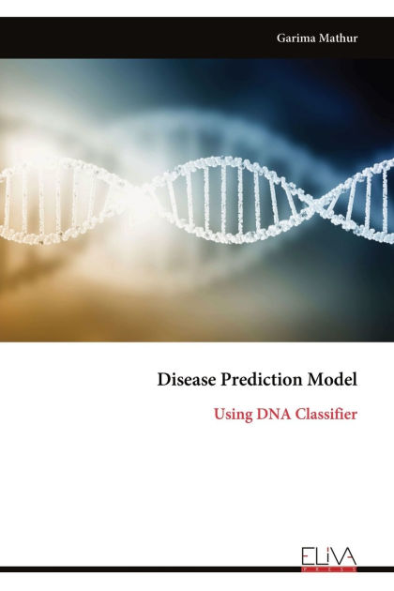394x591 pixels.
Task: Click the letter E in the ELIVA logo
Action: (309, 556)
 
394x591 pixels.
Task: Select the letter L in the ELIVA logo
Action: (319, 556)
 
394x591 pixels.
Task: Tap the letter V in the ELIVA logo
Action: (336, 556)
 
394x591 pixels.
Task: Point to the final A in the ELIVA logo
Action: (349, 556)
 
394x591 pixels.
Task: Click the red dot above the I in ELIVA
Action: (327, 548)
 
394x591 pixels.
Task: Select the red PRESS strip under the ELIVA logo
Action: (329, 568)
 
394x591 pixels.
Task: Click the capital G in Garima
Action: (281, 38)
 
